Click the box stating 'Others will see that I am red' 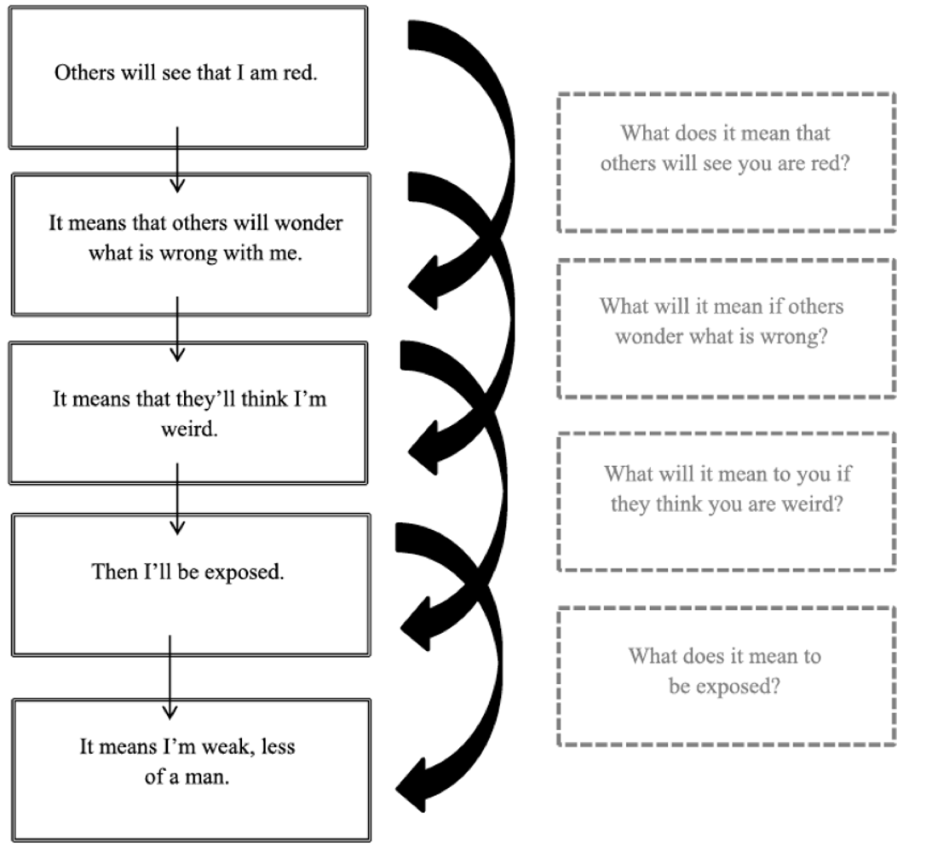pyautogui.click(x=187, y=77)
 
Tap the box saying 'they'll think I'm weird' pyautogui.click(x=189, y=413)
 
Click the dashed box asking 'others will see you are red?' pyautogui.click(x=726, y=162)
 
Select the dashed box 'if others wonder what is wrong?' pyautogui.click(x=726, y=328)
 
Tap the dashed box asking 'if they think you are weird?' pyautogui.click(x=726, y=501)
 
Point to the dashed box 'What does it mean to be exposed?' pyautogui.click(x=726, y=676)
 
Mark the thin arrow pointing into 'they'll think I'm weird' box pyautogui.click(x=177, y=328)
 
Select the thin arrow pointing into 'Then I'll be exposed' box pyautogui.click(x=177, y=498)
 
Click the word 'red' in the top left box pyautogui.click(x=302, y=72)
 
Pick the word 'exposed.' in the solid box pyautogui.click(x=246, y=572)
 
